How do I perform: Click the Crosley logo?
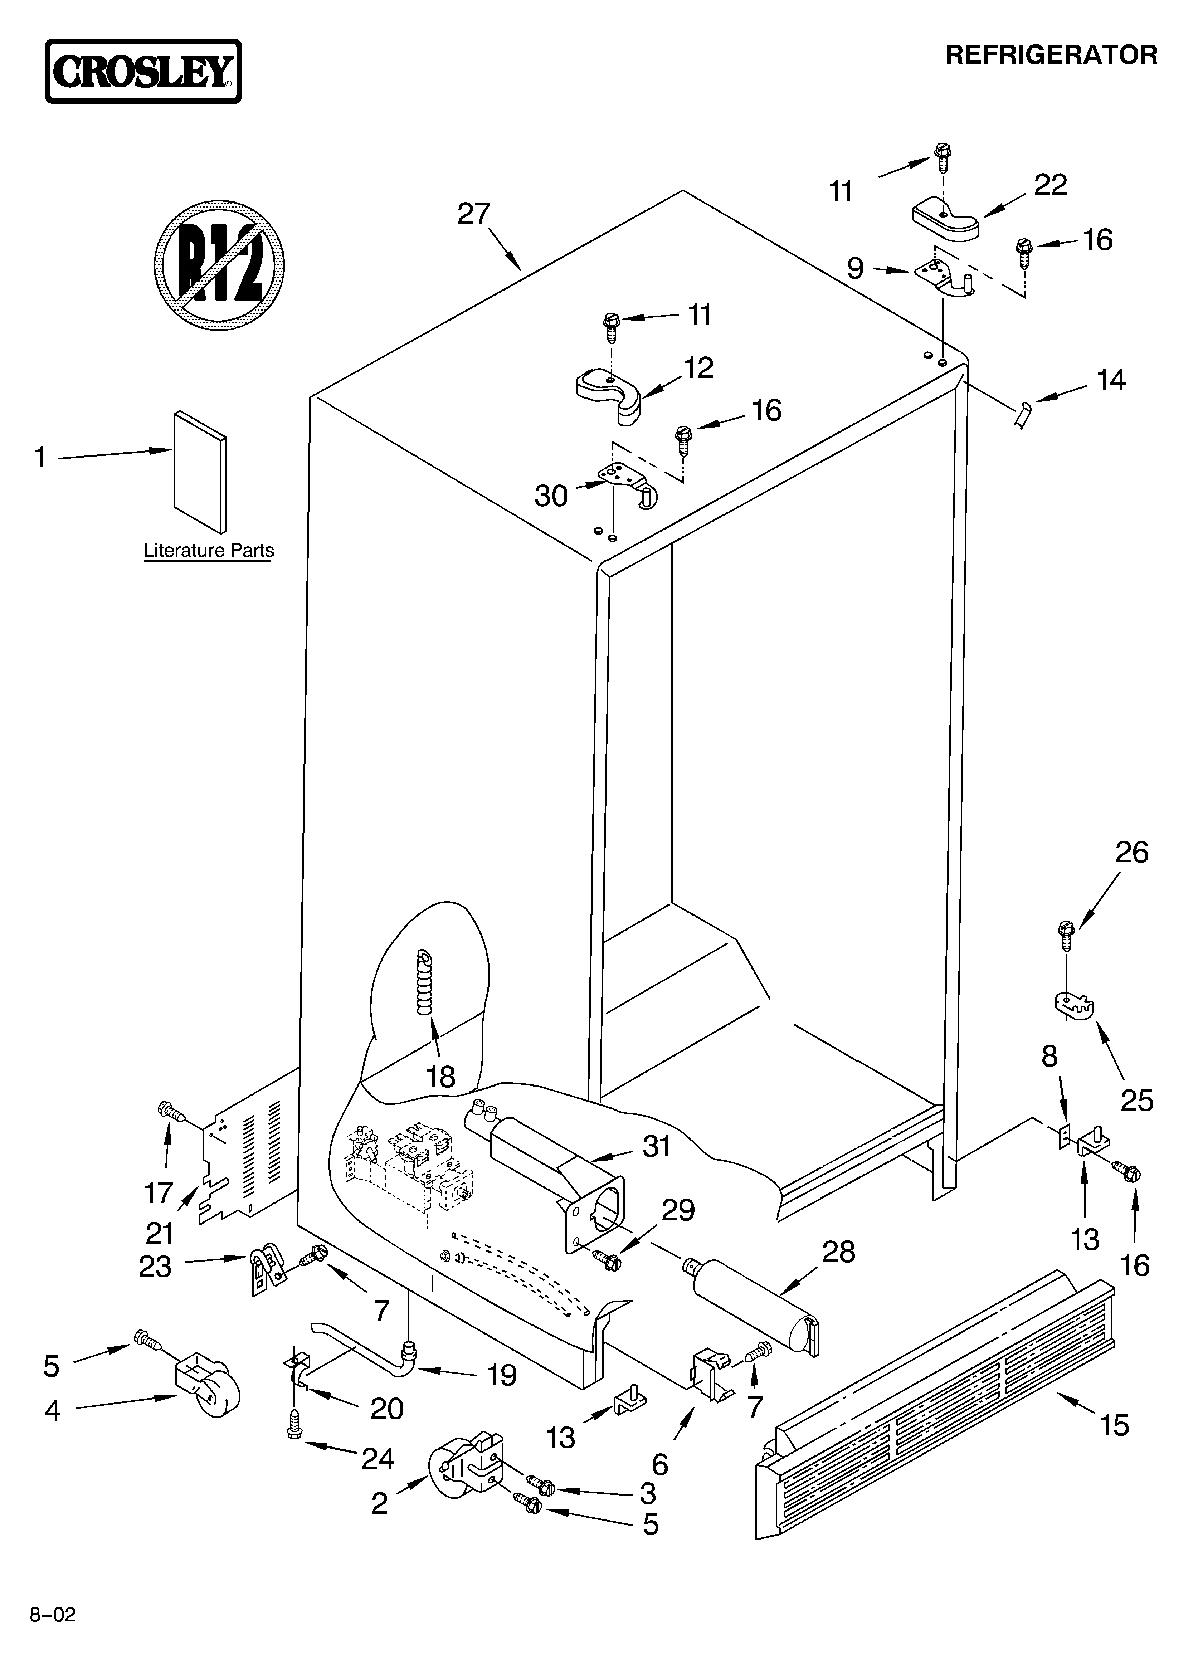pos(143,72)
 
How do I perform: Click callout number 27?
pos(474,214)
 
